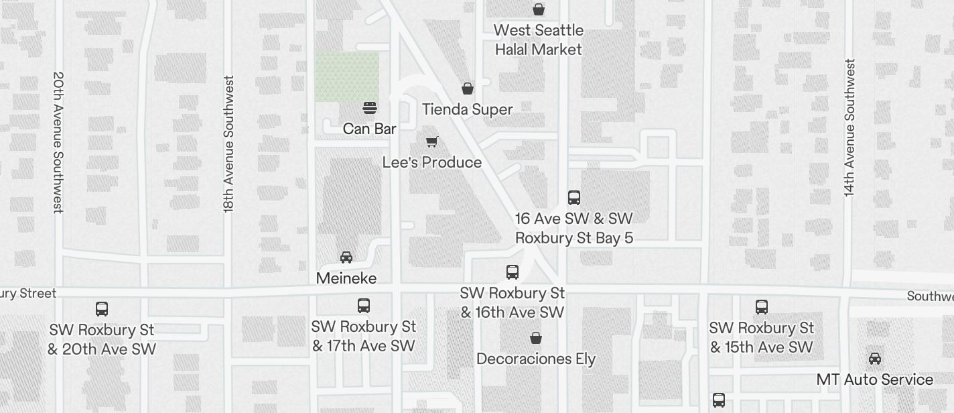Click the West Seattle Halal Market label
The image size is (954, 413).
click(x=539, y=40)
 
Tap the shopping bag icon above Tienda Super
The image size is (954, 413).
click(x=468, y=88)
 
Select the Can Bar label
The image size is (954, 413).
click(x=369, y=129)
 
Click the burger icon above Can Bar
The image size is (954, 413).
click(x=369, y=108)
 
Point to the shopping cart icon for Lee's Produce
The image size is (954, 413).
click(x=432, y=141)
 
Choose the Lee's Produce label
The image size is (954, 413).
click(x=432, y=162)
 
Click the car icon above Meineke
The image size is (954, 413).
click(x=346, y=257)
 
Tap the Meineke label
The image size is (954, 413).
click(x=346, y=278)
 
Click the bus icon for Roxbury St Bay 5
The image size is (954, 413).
click(x=574, y=197)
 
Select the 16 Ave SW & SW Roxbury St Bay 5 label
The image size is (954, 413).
click(x=574, y=228)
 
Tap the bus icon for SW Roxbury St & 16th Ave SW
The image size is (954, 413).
click(x=513, y=272)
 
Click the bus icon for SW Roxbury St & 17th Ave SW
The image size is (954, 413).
click(x=364, y=306)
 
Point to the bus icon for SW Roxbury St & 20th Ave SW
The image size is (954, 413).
click(x=102, y=309)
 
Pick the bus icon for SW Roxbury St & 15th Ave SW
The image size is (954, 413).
click(x=762, y=307)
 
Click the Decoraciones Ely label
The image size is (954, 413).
click(x=536, y=359)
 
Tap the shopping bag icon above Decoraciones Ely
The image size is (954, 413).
click(x=536, y=338)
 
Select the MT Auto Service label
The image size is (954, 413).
click(x=874, y=379)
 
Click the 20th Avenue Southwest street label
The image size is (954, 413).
click(x=58, y=142)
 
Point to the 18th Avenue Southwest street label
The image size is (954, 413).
click(x=229, y=144)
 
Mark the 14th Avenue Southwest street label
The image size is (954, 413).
click(x=850, y=127)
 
